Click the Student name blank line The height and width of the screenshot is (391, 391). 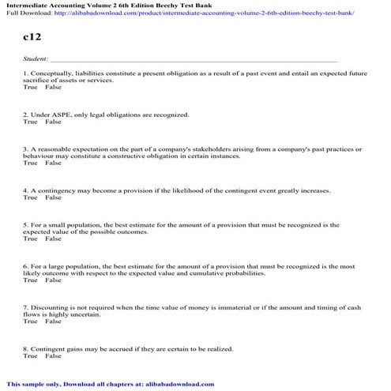(193, 60)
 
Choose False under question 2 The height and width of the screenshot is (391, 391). (53, 122)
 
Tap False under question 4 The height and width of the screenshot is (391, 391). (53, 197)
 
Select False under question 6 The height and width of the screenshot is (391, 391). (53, 280)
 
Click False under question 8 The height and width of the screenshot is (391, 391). (53, 355)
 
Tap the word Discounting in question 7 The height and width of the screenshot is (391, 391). (49, 306)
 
